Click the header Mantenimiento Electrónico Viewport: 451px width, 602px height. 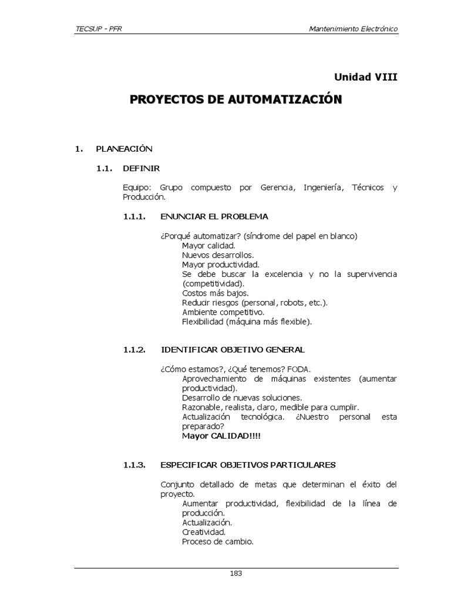[x=354, y=29]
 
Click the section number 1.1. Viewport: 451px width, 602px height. [x=104, y=168]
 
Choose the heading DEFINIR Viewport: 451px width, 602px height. [x=141, y=168]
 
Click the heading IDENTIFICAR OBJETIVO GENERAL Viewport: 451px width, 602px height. [x=233, y=350]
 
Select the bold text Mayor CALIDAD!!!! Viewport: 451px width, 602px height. [x=221, y=436]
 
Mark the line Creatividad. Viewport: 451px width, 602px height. [x=204, y=532]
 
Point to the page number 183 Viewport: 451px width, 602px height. [x=236, y=574]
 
